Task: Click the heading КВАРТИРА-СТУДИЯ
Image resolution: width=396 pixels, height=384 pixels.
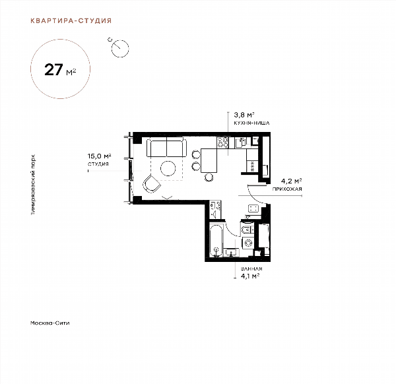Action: [x=71, y=20]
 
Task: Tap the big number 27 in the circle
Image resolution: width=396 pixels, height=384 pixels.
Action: [x=53, y=70]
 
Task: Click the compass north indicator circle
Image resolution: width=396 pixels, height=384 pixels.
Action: [x=120, y=48]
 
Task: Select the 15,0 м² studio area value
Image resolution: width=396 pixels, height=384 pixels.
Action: [x=100, y=156]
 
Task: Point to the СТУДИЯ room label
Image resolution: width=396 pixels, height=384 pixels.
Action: [x=98, y=164]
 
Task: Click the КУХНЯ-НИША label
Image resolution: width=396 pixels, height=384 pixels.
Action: [x=251, y=123]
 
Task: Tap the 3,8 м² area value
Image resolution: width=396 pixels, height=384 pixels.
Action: [x=244, y=115]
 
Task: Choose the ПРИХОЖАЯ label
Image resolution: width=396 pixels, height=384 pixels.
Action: [x=287, y=189]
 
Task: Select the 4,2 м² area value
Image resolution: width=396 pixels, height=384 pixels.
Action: [x=292, y=181]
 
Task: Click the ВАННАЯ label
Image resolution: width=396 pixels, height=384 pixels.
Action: [x=251, y=269]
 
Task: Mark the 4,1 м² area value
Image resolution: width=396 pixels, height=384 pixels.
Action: [x=250, y=276]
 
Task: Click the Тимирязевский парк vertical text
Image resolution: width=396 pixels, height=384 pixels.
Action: [x=33, y=185]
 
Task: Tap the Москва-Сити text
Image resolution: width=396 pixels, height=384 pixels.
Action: [x=49, y=323]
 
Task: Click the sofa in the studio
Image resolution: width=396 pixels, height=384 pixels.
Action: [x=167, y=147]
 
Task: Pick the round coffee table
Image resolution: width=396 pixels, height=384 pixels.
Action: [x=168, y=168]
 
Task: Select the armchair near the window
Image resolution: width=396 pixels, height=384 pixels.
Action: [x=151, y=184]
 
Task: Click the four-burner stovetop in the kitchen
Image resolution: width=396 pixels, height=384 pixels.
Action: [x=223, y=143]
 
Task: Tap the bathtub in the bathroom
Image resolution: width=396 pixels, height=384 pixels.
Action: [x=216, y=241]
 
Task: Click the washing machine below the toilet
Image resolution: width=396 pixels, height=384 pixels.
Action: [x=248, y=243]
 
